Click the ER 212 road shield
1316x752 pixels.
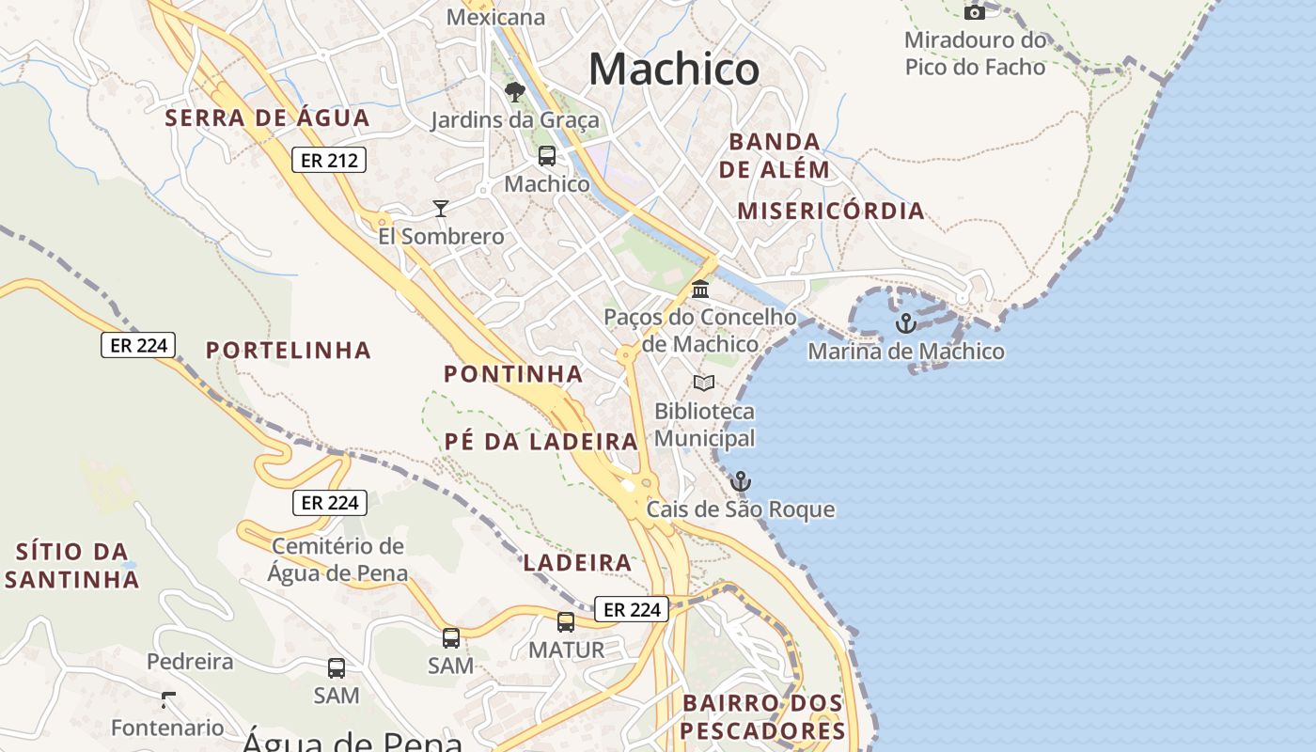coord(328,160)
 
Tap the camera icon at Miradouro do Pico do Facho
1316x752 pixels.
coord(975,11)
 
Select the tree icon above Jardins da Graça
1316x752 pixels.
coord(514,91)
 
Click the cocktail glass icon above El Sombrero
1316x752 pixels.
coord(440,208)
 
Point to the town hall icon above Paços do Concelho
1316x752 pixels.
coord(700,289)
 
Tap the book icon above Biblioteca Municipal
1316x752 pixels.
coord(704,383)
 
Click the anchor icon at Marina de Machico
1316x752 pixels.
coord(905,323)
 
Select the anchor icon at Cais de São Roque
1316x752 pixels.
coord(741,482)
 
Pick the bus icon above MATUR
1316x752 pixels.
coord(566,621)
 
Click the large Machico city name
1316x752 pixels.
coord(674,70)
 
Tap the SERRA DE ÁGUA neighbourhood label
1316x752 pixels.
coord(268,118)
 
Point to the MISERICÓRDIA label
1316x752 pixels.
coord(831,211)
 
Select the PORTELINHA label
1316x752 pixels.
coord(289,351)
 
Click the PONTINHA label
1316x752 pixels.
coord(513,374)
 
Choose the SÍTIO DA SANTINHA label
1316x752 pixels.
coord(72,565)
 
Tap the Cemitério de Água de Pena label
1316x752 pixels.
coord(337,559)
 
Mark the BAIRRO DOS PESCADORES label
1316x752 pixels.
coord(762,716)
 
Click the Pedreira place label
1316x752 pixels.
coord(190,661)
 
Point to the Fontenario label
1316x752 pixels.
coord(167,728)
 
